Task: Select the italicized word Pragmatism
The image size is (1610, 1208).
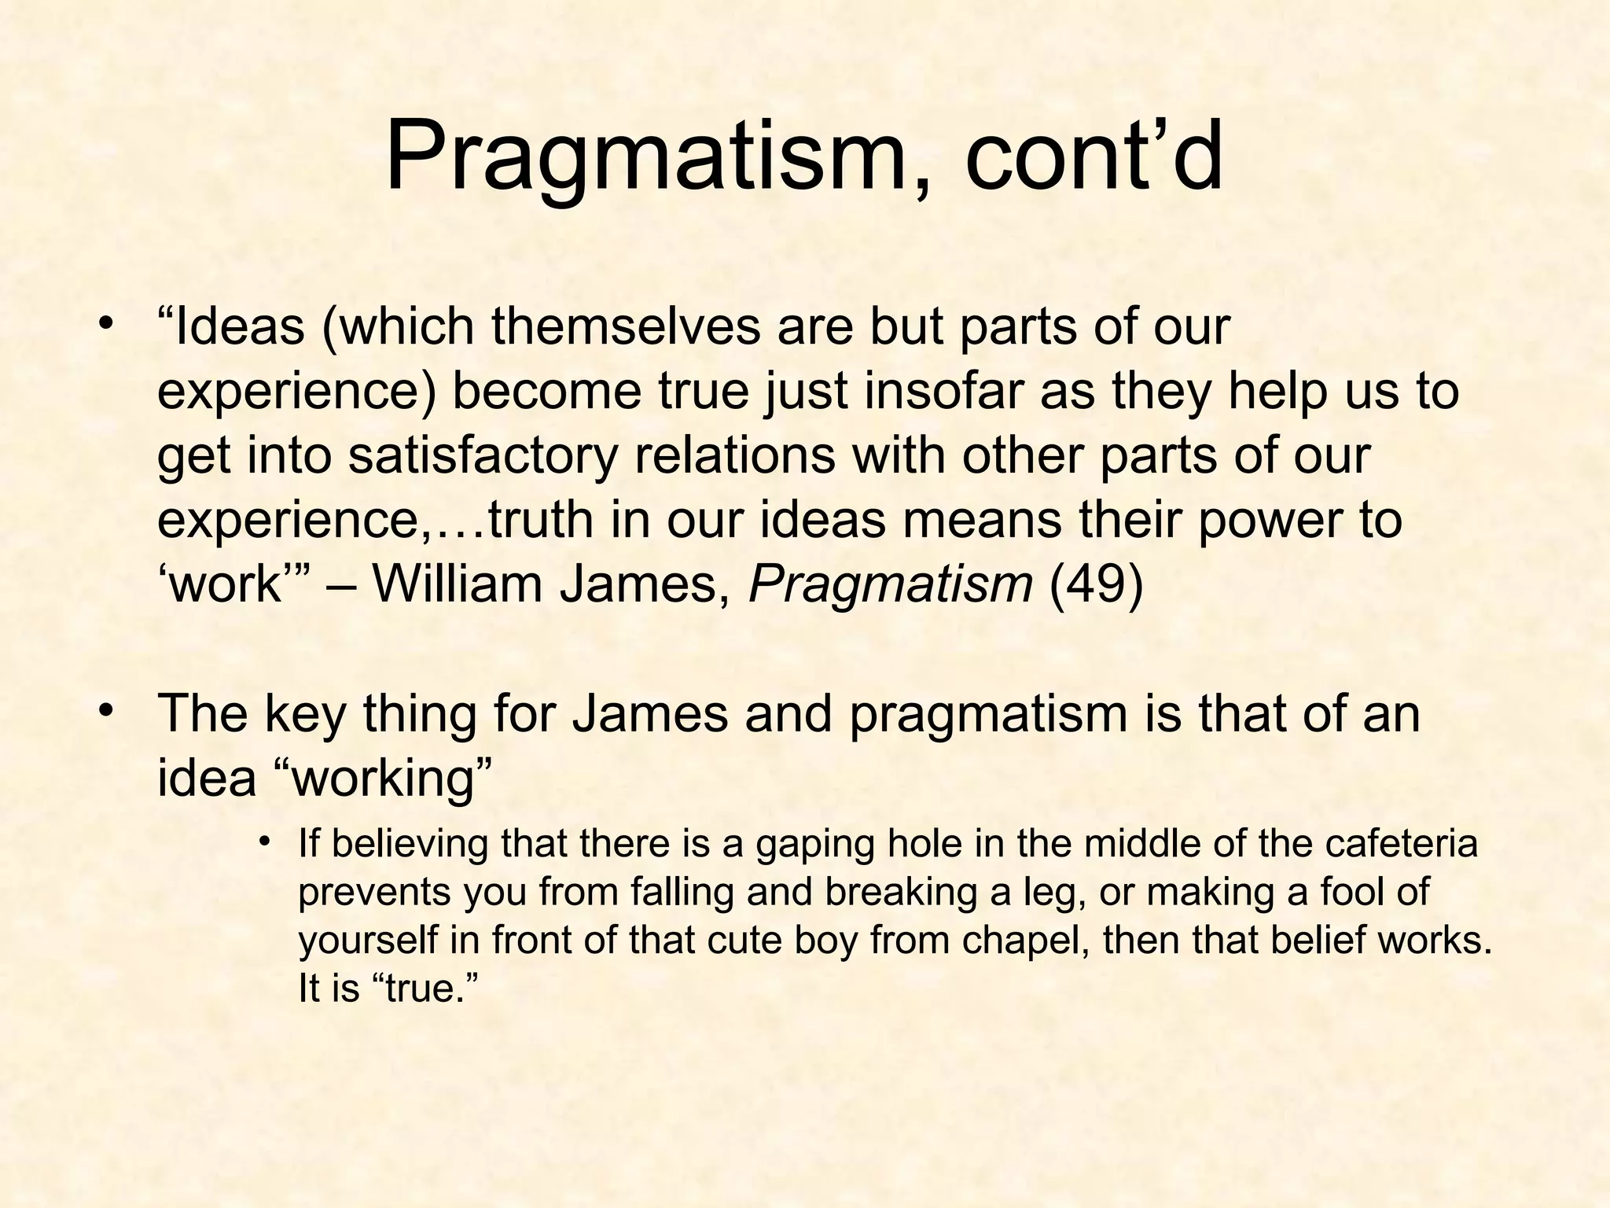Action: (891, 584)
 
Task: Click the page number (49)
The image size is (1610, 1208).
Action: (1096, 584)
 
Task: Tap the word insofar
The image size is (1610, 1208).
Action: (944, 391)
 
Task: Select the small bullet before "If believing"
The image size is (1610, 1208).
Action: (265, 842)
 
